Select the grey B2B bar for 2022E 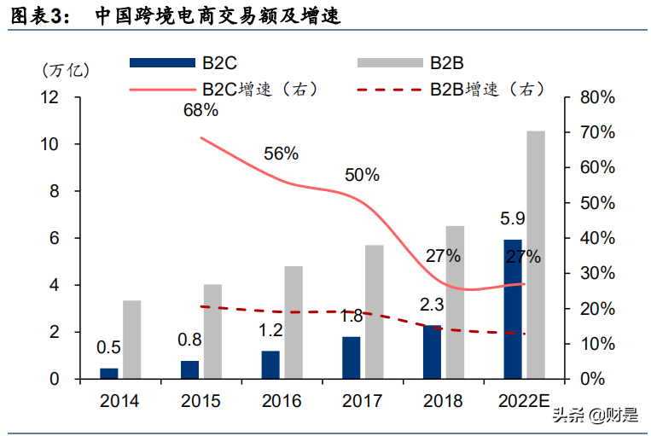[x=535, y=254]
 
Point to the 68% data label [x=201, y=110]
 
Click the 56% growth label [x=281, y=154]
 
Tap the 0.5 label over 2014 [x=108, y=347]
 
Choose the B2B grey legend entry [x=389, y=62]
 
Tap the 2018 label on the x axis [x=443, y=400]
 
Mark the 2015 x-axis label [x=201, y=400]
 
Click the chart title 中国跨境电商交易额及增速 [x=218, y=16]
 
